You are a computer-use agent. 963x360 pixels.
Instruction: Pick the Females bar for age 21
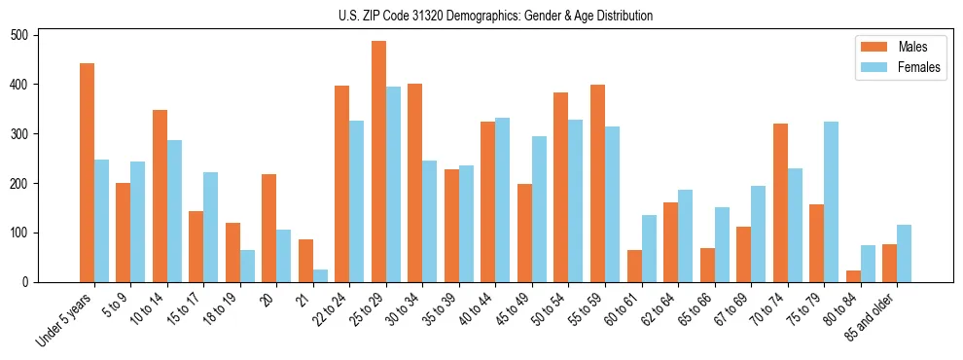[x=320, y=275]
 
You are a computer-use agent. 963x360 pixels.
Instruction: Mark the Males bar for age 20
[x=269, y=228]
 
